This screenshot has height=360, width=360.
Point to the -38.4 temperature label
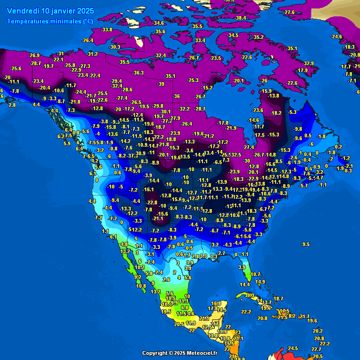tap(240, 18)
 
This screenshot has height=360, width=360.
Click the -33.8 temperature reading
tap(106, 30)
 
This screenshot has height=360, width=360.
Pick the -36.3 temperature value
tap(138, 73)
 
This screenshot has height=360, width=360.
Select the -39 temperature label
tap(161, 84)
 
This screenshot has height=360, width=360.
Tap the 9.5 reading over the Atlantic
tap(306, 244)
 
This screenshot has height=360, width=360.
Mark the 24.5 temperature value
tap(293, 348)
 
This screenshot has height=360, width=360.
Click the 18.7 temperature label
tap(278, 299)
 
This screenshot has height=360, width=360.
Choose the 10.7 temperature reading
tap(255, 274)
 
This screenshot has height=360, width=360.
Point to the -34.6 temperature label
tap(158, 23)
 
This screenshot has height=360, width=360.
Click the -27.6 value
tap(289, 12)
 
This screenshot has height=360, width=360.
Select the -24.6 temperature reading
tap(336, 37)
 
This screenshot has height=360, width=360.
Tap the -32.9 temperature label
tap(308, 63)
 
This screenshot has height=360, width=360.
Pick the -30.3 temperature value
tap(115, 47)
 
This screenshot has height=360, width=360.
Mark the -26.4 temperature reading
tap(88, 41)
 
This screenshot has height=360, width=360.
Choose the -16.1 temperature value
tap(149, 189)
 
